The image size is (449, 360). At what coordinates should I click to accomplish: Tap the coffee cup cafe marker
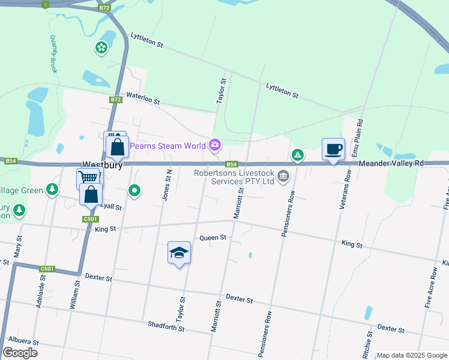coord(333,149)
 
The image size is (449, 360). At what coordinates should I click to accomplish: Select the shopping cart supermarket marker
coord(88,178)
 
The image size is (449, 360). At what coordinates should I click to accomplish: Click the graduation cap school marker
coord(178,253)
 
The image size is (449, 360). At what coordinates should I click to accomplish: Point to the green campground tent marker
coord(297,155)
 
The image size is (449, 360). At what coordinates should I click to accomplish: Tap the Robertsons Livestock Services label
coord(234,177)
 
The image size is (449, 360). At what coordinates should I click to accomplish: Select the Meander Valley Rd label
coord(391,163)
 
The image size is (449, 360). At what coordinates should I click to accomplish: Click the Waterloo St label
coord(142,100)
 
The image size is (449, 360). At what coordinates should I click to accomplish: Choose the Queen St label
coord(213,238)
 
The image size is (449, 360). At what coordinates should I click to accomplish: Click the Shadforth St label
coord(166,326)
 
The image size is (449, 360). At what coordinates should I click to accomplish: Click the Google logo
coord(20,353)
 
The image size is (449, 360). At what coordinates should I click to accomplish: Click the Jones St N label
coord(167,184)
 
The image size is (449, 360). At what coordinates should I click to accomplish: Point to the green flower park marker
coord(101,46)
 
